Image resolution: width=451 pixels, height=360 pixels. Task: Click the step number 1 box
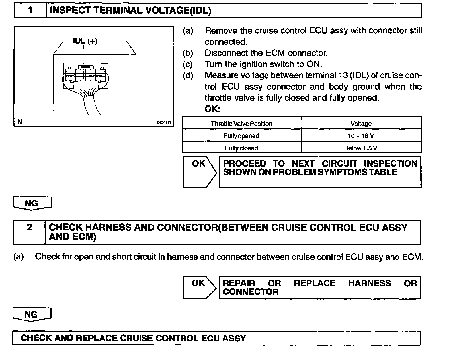click(30, 11)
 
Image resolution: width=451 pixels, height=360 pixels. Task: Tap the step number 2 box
click(29, 232)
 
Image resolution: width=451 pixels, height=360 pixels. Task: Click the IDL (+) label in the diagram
click(85, 41)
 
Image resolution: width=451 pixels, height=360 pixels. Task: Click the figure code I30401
click(164, 123)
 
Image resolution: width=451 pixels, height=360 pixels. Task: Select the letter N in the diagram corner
click(19, 122)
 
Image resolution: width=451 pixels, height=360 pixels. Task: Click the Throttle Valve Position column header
click(241, 124)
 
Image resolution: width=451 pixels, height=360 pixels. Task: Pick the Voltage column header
click(361, 124)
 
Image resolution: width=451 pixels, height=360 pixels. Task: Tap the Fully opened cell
click(241, 136)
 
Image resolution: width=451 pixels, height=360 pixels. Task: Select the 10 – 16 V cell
click(361, 136)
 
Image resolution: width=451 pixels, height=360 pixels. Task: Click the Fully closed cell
click(241, 148)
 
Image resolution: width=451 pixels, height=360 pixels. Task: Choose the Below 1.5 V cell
click(361, 148)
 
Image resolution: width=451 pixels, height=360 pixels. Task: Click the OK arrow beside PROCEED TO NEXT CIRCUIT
click(199, 171)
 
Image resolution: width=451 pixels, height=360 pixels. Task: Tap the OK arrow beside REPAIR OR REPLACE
click(199, 287)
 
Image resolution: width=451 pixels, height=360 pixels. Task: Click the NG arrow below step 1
click(32, 203)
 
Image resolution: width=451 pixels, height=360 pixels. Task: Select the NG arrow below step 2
click(32, 314)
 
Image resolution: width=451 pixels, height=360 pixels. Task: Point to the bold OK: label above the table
click(212, 109)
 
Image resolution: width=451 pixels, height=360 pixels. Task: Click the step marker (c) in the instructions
click(188, 64)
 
